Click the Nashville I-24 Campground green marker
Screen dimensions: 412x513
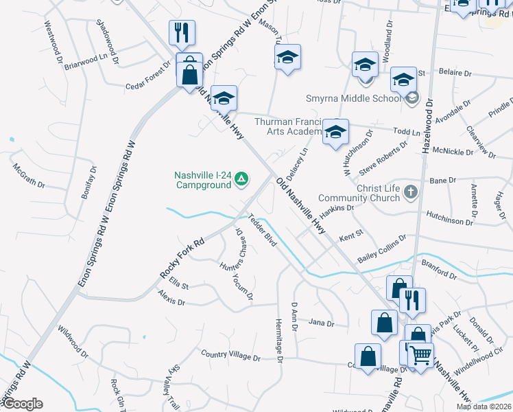[241, 180]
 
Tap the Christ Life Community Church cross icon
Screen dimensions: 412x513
[410, 191]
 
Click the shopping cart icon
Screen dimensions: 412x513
[420, 355]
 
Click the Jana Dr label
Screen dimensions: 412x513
[321, 322]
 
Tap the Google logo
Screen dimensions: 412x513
[22, 404]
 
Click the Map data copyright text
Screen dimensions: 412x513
[483, 407]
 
